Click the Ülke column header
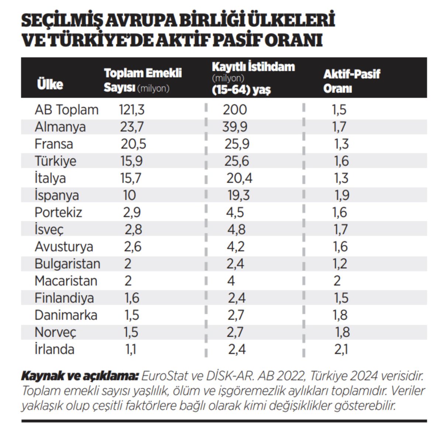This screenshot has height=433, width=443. click(x=50, y=84)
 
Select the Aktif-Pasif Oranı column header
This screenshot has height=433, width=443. click(x=351, y=81)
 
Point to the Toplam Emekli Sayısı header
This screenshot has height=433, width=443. click(x=142, y=80)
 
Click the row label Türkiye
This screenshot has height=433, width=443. click(x=55, y=161)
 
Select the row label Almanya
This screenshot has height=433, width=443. click(x=60, y=127)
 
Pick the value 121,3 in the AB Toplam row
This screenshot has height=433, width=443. click(x=132, y=110)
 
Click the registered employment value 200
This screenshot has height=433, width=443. click(x=235, y=110)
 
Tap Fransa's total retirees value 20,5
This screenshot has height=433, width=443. click(x=133, y=144)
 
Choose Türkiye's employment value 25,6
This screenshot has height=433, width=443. click(x=237, y=161)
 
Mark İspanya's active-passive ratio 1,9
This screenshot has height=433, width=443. click(x=342, y=195)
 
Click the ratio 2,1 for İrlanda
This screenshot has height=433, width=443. click(x=341, y=349)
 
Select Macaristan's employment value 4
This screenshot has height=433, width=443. click(x=231, y=281)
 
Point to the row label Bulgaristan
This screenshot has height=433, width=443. click(x=67, y=264)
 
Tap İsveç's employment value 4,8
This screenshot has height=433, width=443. click(x=236, y=230)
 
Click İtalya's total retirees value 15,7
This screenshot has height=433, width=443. click(x=131, y=178)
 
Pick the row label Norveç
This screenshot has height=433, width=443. click(x=55, y=332)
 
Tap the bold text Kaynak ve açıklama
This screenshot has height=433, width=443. click(x=80, y=376)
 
